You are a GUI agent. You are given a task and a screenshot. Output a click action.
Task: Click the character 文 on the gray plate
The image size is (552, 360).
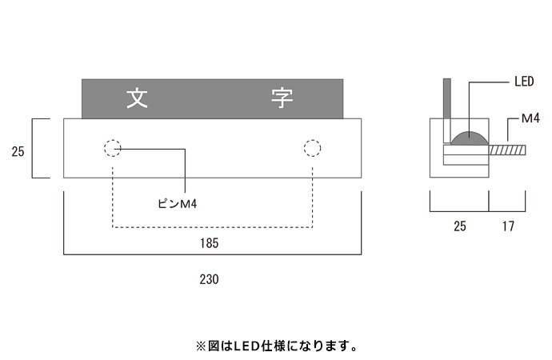pos(137,98)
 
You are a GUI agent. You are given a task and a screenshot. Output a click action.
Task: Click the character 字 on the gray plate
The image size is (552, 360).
pos(282,98)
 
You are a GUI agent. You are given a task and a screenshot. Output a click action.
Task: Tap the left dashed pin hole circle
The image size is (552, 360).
pos(112,148)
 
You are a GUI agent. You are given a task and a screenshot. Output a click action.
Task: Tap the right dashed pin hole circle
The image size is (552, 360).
pos(312,148)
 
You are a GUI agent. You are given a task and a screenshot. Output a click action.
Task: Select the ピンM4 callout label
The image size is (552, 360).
pos(178,204)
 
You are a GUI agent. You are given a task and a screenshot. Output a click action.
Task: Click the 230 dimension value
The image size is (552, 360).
pos(209,279)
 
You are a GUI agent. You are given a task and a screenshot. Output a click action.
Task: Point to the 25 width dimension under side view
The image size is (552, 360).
pos(459,226)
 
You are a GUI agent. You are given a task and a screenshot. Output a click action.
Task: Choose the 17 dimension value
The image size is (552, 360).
pos(508,226)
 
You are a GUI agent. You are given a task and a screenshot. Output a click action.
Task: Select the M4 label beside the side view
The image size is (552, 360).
pos(531,118)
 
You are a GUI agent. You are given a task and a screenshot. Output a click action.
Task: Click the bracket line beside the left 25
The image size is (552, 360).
pos(34,148)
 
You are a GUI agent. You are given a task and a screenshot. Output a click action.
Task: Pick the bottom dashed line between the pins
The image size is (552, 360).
pos(212,227)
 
